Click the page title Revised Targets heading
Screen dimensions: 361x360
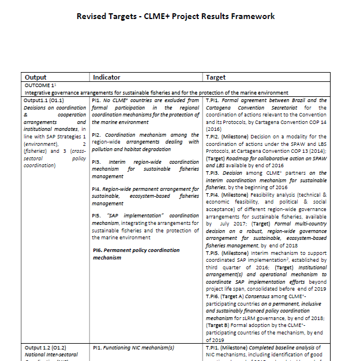pos(175,16)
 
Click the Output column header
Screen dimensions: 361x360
pos(36,77)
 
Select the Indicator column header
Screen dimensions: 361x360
pos(107,77)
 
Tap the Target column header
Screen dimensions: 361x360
pos(216,77)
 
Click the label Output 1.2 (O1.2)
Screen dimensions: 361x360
pos(45,348)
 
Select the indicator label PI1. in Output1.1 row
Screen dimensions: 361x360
pos(97,100)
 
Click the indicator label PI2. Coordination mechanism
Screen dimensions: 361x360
pos(97,134)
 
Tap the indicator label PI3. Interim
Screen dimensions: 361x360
pos(97,163)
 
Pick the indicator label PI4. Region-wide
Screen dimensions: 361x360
pos(97,189)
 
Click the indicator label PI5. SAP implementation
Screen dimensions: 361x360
pos(97,215)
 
